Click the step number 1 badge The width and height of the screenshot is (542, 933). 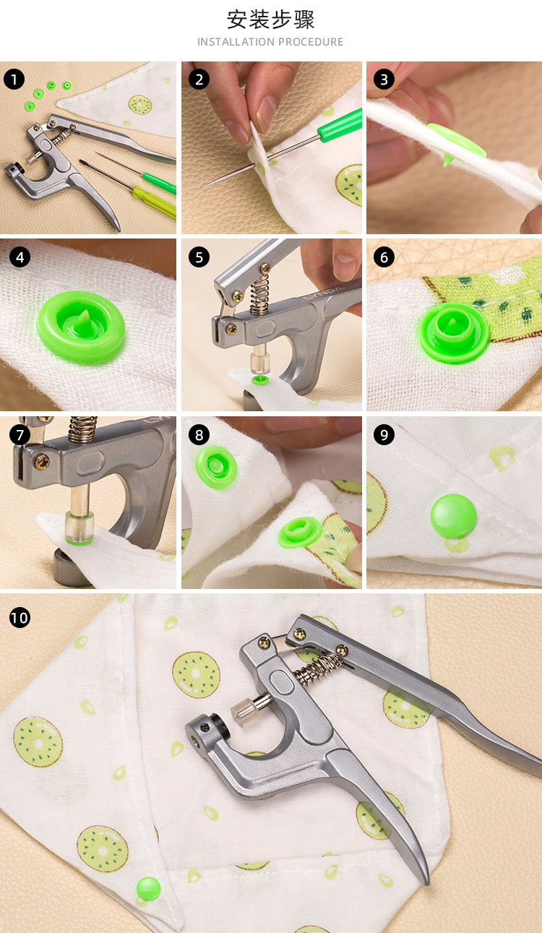coord(14,79)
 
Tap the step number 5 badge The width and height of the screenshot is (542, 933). coord(199,257)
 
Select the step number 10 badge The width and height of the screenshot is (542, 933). coord(20,617)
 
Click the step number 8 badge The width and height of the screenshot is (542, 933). coord(199,435)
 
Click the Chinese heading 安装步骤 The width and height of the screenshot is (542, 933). coord(271,20)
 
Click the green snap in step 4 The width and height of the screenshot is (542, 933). coord(81,327)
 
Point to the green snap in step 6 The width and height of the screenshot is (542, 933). coord(454,333)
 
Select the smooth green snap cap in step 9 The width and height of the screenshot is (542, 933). coord(454,516)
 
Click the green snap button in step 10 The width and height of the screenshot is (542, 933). coord(148,888)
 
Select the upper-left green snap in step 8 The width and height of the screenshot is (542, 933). coord(216,467)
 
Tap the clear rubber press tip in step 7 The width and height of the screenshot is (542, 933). coord(79,528)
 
